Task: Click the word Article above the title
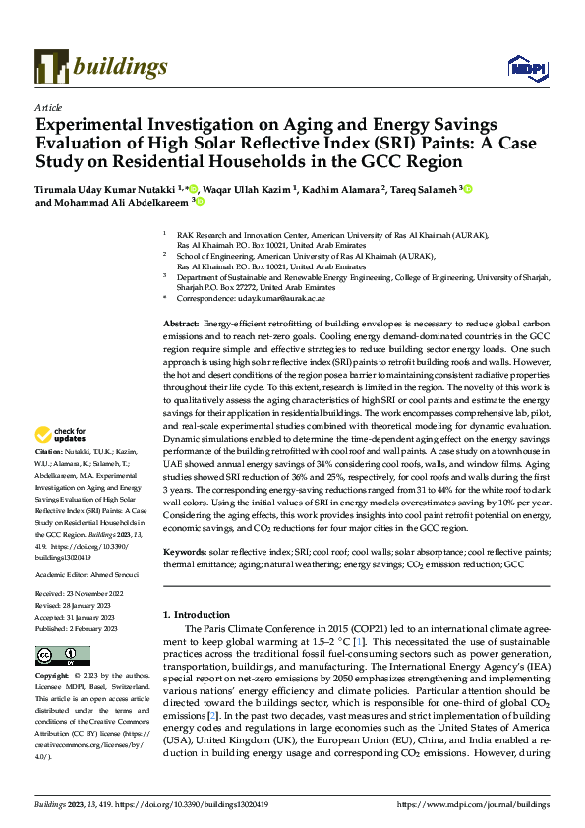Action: point(47,106)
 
